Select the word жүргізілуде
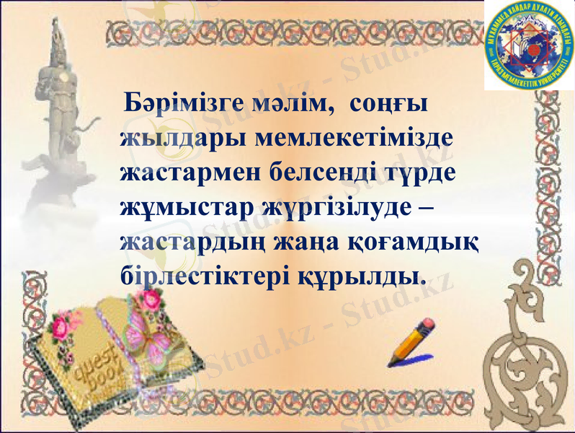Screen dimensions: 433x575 [x=337, y=208]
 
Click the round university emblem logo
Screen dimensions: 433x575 [x=529, y=45]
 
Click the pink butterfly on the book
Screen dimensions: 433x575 [x=148, y=333]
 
